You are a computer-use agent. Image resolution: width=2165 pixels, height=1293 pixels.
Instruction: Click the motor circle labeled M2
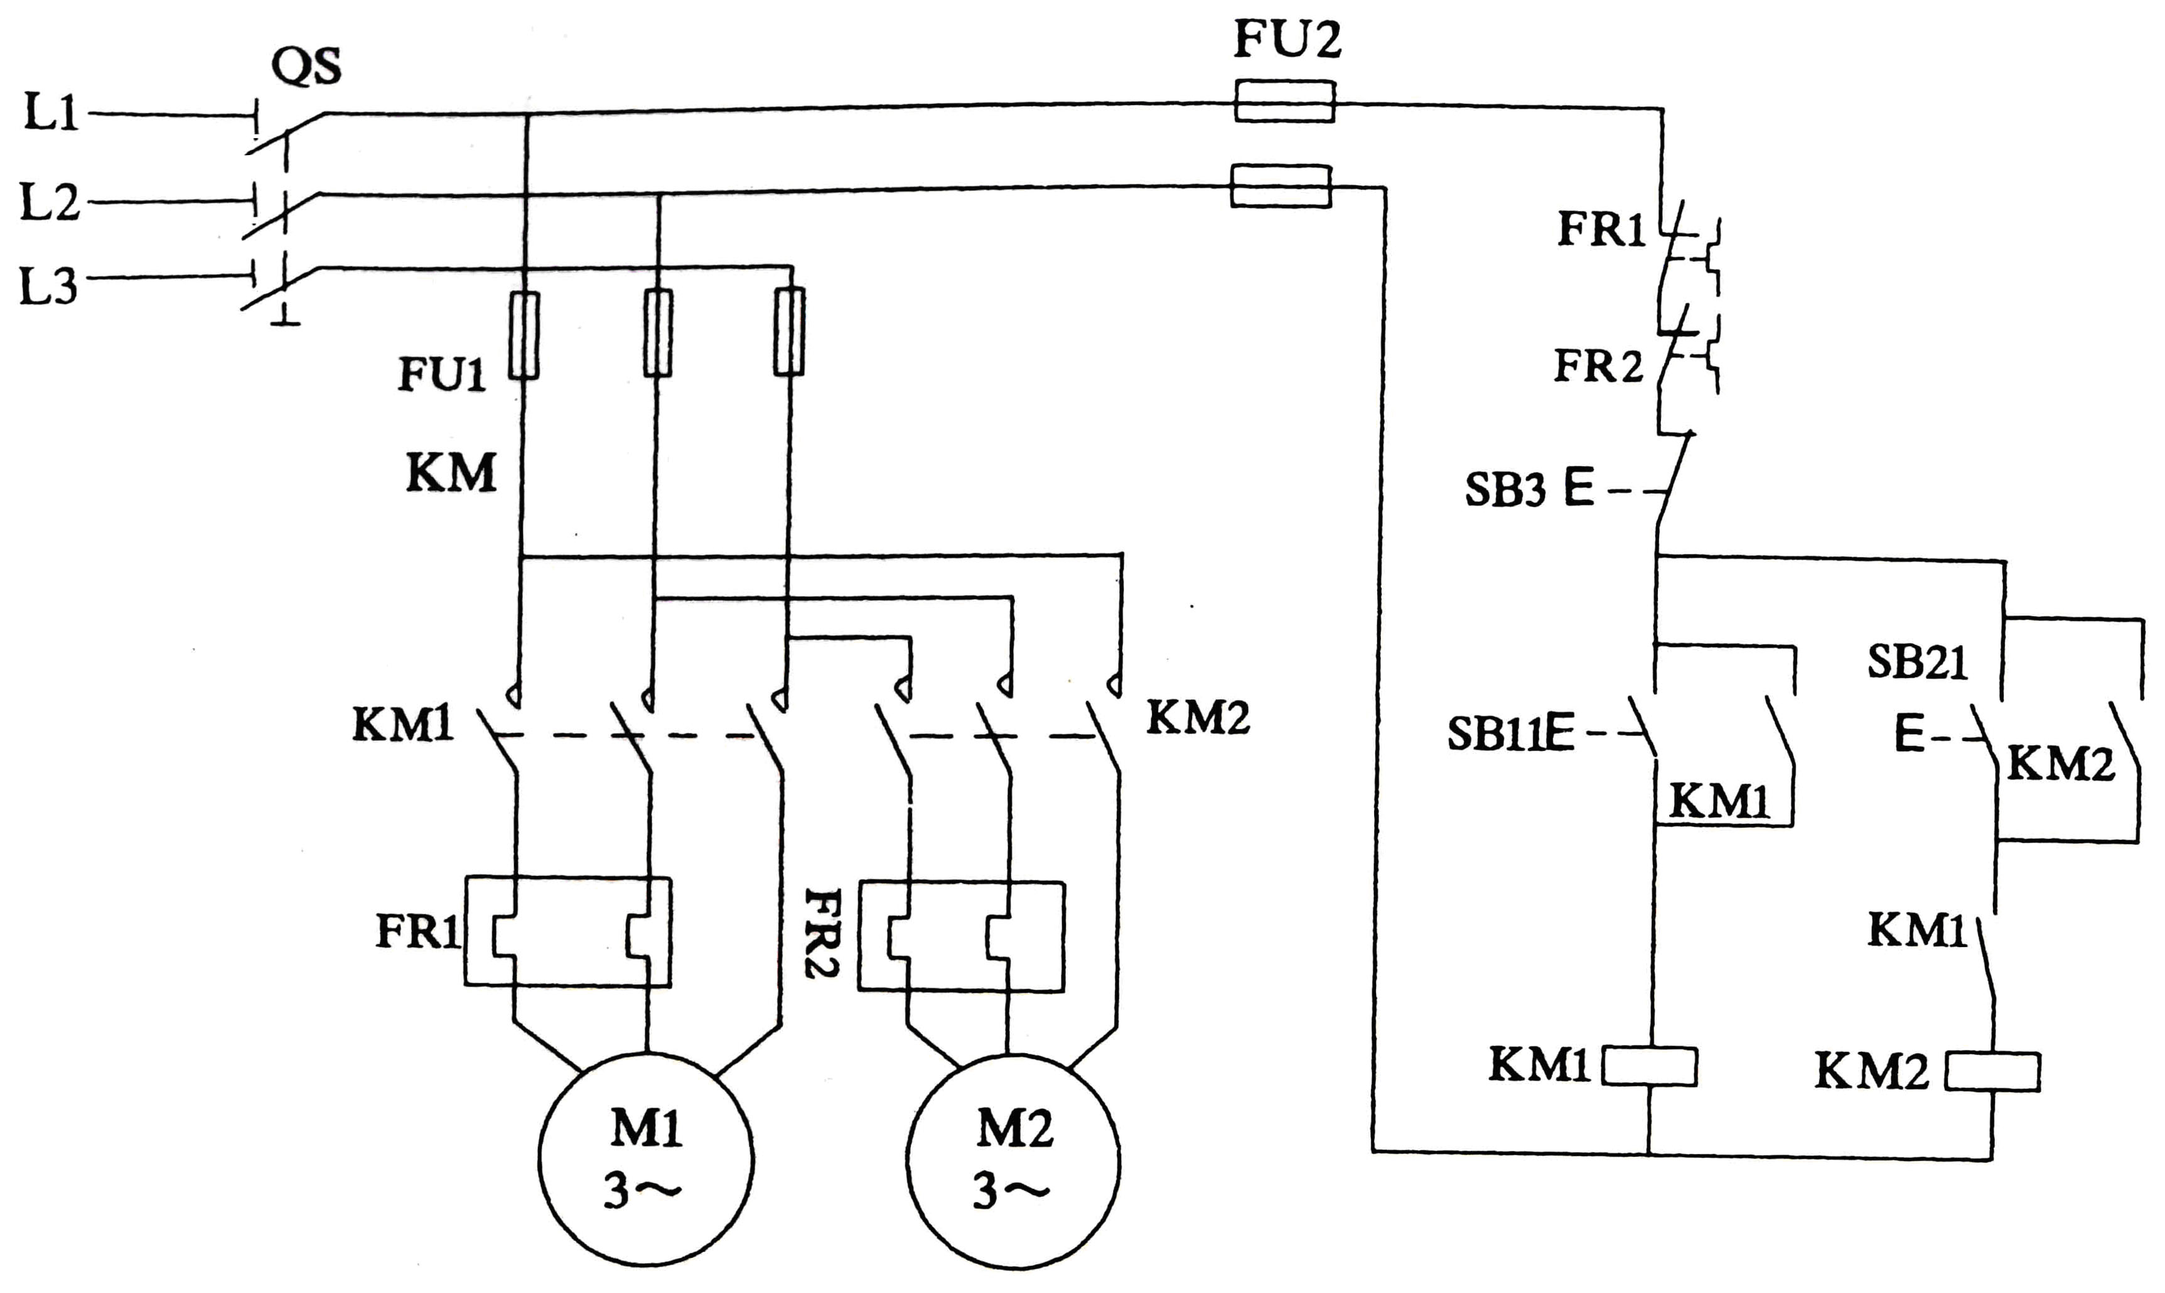1013,1163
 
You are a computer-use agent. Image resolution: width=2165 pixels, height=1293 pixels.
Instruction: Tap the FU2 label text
1287,39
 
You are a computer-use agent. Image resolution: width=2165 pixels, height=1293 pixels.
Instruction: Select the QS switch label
306,65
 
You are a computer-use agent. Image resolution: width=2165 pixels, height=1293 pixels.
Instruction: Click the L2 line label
50,202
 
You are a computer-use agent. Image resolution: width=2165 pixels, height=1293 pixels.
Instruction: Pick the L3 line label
49,286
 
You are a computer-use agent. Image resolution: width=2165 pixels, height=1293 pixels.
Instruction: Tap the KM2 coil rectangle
1992,1072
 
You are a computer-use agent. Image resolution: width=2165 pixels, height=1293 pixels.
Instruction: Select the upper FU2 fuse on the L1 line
1284,101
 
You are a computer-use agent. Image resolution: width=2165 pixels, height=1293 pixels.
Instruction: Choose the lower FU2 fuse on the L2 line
1280,186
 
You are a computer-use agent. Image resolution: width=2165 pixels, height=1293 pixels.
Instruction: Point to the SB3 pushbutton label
1505,490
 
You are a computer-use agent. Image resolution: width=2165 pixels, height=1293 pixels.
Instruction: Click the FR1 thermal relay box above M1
567,931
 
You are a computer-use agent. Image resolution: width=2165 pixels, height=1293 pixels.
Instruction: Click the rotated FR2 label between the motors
821,933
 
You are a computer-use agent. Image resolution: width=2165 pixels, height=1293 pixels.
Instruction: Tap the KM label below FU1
451,473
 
